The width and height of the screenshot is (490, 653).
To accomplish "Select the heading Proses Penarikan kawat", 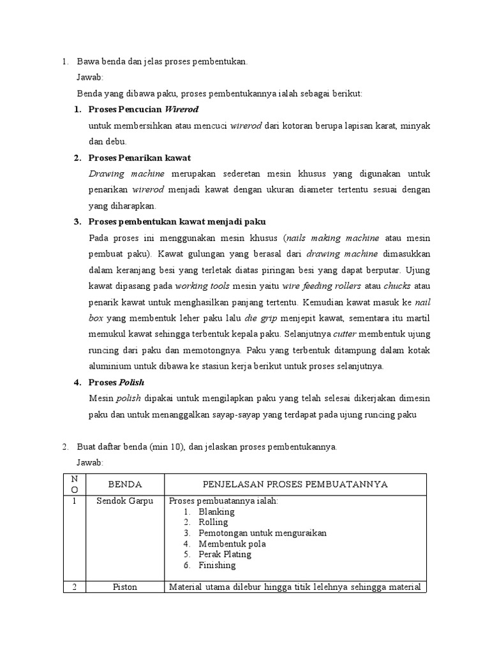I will (x=140, y=158).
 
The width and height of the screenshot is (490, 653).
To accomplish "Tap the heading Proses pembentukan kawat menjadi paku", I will (x=177, y=221).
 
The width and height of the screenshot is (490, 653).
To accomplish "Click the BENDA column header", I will (x=124, y=485).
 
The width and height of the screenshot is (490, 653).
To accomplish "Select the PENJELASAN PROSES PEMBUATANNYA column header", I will (x=295, y=485).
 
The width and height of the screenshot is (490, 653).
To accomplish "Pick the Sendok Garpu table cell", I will (x=124, y=501).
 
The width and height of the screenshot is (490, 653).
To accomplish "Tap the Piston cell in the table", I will (x=124, y=587).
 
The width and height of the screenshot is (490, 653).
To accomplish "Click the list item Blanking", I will (x=216, y=511).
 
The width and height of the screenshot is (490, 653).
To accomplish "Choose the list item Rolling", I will (x=213, y=522).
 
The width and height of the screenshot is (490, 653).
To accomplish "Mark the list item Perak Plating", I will (x=225, y=554).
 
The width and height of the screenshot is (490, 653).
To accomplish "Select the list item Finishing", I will (x=217, y=565).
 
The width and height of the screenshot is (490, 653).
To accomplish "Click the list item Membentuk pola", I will (x=232, y=544).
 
